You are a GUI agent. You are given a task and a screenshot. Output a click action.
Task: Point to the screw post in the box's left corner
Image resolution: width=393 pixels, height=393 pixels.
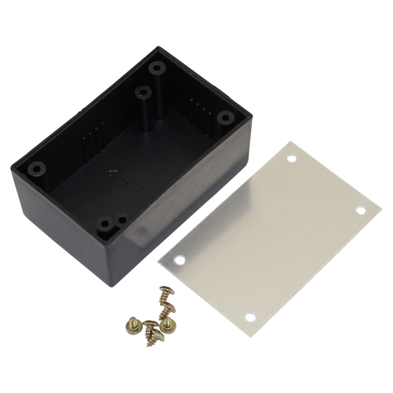point(37,169)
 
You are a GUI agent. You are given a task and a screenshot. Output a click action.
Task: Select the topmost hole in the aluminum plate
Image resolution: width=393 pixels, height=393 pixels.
point(291,159)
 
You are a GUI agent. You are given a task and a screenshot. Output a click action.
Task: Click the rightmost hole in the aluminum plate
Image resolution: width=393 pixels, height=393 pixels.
point(361,210)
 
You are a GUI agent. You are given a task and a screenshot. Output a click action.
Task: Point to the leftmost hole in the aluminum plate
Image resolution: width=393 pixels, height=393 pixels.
point(180,260)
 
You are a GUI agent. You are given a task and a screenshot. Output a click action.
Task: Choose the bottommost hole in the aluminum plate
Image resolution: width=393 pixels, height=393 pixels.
point(250,316)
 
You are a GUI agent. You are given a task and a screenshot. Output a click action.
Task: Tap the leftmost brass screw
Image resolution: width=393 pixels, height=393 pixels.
point(131,324)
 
